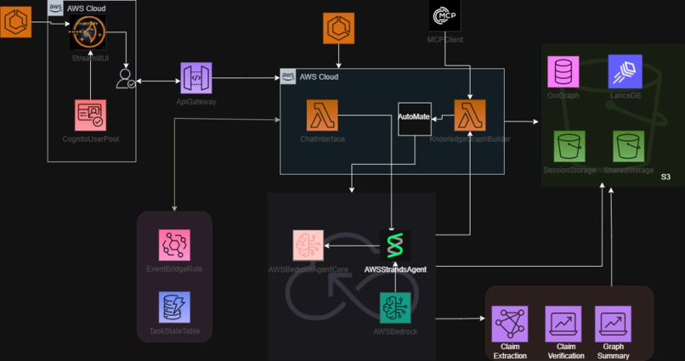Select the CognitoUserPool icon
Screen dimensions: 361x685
(90, 116)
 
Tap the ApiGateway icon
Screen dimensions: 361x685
(195, 78)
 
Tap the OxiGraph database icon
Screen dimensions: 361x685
(563, 71)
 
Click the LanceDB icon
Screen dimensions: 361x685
(625, 71)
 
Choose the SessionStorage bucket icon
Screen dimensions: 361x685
(569, 146)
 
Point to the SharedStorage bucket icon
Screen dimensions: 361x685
(628, 146)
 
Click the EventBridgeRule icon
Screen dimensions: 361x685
(174, 245)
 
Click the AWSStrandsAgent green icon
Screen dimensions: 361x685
(395, 245)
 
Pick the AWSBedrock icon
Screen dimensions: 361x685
(395, 307)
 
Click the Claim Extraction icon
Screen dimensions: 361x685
(509, 324)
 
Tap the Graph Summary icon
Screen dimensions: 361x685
(613, 324)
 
